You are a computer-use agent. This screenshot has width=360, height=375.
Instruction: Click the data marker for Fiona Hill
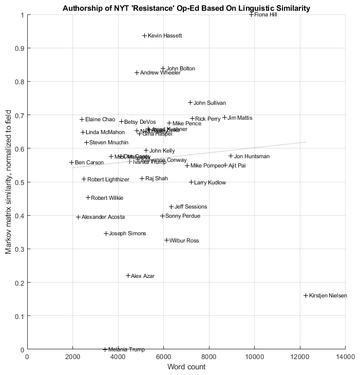pyautogui.click(x=251, y=14)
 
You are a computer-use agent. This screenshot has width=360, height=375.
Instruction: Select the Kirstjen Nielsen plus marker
pyautogui.click(x=306, y=295)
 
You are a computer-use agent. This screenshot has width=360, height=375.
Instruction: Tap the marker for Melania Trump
pyautogui.click(x=105, y=349)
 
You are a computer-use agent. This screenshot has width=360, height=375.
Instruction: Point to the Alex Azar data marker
pyautogui.click(x=128, y=276)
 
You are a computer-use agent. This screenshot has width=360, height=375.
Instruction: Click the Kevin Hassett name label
pyautogui.click(x=164, y=36)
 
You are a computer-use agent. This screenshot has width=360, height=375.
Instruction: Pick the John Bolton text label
pyautogui.click(x=180, y=68)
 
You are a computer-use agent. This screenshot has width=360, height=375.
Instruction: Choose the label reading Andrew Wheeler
pyautogui.click(x=160, y=73)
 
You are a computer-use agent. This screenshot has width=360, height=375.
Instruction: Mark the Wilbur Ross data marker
pyautogui.click(x=166, y=240)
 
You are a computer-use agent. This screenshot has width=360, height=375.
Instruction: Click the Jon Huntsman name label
pyautogui.click(x=252, y=156)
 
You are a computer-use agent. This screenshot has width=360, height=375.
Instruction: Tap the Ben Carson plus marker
pyautogui.click(x=72, y=162)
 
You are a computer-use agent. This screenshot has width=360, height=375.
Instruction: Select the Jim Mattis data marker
pyautogui.click(x=224, y=118)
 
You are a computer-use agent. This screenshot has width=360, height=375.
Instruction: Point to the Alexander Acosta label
pyautogui.click(x=103, y=217)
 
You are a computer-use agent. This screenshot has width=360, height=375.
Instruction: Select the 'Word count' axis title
pyautogui.click(x=186, y=367)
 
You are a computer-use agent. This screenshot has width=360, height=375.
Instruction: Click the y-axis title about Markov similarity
pyautogui.click(x=8, y=182)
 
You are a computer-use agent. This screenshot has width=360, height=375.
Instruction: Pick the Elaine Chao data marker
pyautogui.click(x=82, y=119)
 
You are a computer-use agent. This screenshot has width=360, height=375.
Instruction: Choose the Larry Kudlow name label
pyautogui.click(x=210, y=182)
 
